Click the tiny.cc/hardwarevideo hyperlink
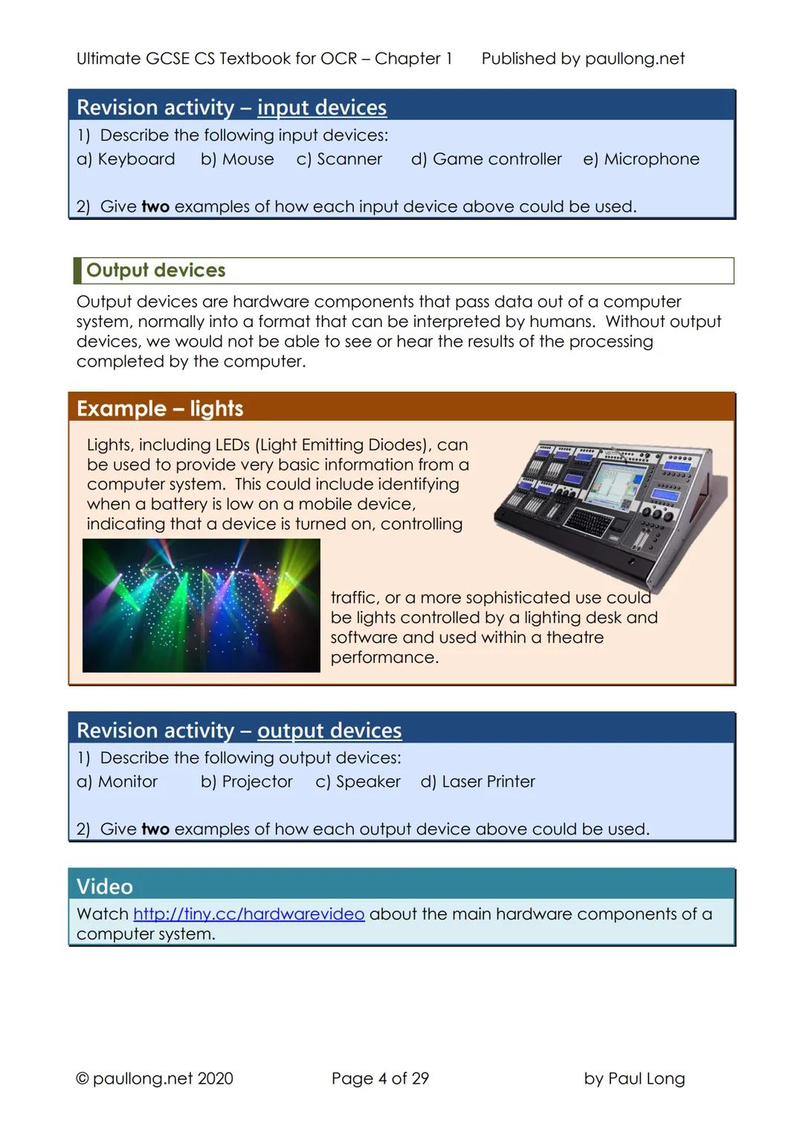tap(248, 914)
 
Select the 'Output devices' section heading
tap(155, 271)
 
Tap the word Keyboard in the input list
tap(136, 159)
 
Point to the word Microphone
tap(651, 159)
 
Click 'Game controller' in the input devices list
tap(497, 159)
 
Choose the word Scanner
tap(349, 159)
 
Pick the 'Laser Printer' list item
tap(488, 782)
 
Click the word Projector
tap(257, 782)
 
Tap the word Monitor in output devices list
tap(127, 782)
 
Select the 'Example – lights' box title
tap(160, 408)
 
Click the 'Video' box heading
tap(105, 886)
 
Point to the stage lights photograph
tap(201, 605)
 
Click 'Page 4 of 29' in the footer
tap(380, 1079)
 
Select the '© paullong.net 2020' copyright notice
tap(155, 1079)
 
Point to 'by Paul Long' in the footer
tap(634, 1079)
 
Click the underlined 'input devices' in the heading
tap(322, 108)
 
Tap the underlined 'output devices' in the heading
tap(329, 731)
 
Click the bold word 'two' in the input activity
tap(155, 207)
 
